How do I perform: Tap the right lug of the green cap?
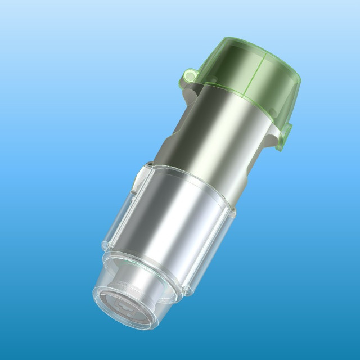[285, 134]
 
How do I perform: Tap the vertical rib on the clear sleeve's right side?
[229, 216]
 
